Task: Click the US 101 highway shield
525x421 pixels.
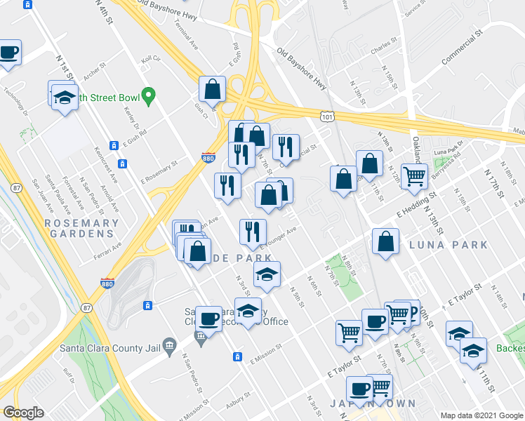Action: (x=325, y=116)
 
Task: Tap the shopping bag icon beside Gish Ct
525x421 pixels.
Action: (x=212, y=90)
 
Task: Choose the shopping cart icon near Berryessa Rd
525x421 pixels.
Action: (x=414, y=177)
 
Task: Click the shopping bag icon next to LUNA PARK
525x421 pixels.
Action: (x=385, y=243)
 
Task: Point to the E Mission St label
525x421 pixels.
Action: (x=265, y=355)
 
